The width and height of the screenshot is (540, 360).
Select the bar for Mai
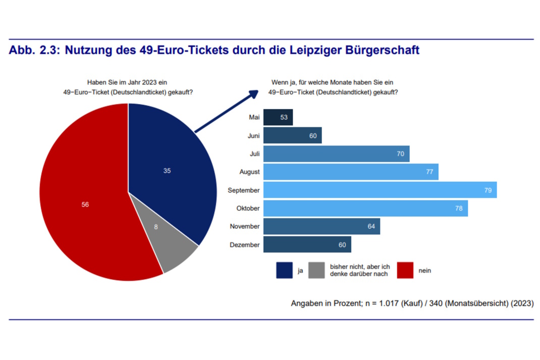click(278, 117)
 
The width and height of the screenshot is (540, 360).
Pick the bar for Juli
click(336, 153)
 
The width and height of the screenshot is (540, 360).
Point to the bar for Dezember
click(307, 245)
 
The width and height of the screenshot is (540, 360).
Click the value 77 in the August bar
click(429, 172)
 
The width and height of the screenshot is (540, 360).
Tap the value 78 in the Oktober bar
click(459, 209)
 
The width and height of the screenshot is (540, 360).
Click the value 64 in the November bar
click(371, 227)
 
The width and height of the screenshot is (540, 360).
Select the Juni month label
click(253, 135)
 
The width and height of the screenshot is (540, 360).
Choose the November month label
click(245, 227)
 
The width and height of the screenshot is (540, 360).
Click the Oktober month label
click(247, 209)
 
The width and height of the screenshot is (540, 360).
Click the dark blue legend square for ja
click(284, 270)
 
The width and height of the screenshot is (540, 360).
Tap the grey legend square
click(316, 270)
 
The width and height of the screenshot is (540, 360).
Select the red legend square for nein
click(405, 270)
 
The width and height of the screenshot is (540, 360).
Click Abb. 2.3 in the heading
click(33, 51)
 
